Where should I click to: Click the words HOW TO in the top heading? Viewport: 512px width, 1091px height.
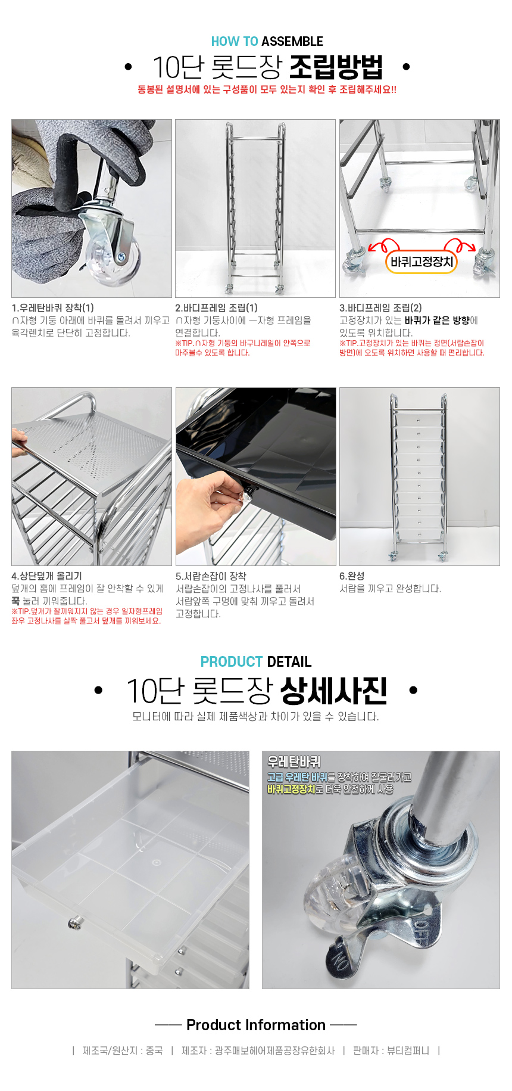[x=235, y=42]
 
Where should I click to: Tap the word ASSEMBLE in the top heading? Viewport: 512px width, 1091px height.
[x=292, y=42]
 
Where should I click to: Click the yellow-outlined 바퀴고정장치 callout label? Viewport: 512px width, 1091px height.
[x=422, y=262]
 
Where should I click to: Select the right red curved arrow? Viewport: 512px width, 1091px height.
[x=460, y=246]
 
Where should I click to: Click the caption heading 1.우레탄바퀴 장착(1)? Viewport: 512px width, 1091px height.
[x=53, y=308]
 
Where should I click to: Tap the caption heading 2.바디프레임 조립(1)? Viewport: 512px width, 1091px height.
[x=217, y=308]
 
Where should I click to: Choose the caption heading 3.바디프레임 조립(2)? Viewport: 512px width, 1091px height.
[x=380, y=308]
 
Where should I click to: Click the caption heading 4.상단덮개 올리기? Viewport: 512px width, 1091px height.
[x=46, y=576]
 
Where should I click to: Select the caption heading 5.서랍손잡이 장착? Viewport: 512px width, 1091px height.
[x=211, y=576]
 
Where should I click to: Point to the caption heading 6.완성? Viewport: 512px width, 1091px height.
[x=352, y=576]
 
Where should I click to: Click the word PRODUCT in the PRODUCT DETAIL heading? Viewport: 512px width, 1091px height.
[x=232, y=662]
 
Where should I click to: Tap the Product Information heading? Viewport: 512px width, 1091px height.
[x=256, y=1025]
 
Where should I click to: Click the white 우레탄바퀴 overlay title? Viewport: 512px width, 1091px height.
[x=294, y=761]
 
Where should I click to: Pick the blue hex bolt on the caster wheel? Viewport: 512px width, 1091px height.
[x=121, y=257]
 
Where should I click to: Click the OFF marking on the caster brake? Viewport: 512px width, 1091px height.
[x=421, y=929]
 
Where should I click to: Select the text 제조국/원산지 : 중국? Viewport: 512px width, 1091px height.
[x=123, y=1050]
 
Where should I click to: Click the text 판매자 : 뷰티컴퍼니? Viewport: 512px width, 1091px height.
[x=391, y=1050]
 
